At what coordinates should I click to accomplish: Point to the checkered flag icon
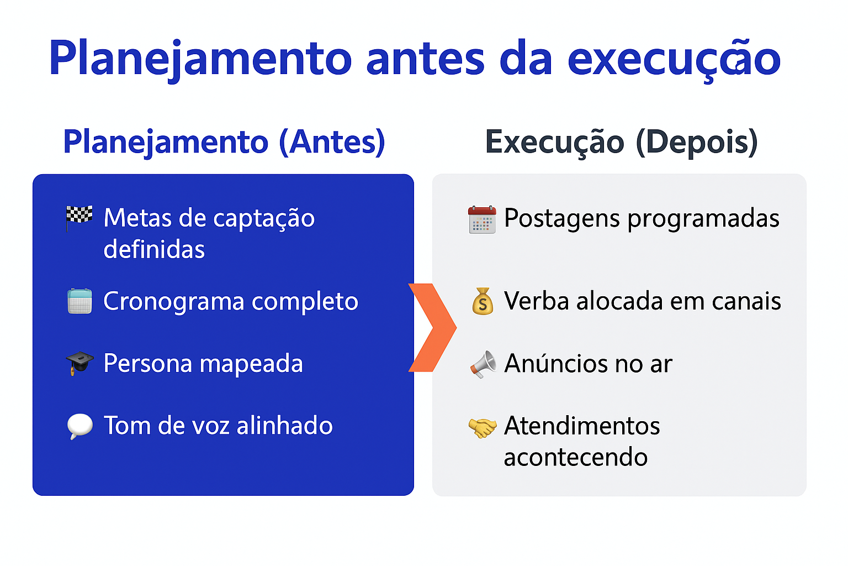click(x=79, y=218)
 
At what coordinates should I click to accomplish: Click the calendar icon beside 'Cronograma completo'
click(x=79, y=301)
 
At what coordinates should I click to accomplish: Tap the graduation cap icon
click(x=79, y=363)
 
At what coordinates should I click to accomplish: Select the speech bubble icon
click(x=79, y=426)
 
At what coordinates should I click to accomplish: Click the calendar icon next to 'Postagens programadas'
click(x=482, y=219)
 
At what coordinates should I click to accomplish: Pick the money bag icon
click(x=483, y=301)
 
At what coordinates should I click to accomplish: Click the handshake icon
click(x=483, y=427)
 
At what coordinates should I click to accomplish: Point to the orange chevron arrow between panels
click(x=432, y=327)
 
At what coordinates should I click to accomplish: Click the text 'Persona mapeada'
click(x=203, y=364)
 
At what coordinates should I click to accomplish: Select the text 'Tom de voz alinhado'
click(x=218, y=426)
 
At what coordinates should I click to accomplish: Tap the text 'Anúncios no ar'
click(x=588, y=364)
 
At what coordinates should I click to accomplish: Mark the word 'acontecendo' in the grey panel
click(x=575, y=457)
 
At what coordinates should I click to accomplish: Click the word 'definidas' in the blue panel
click(x=154, y=249)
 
